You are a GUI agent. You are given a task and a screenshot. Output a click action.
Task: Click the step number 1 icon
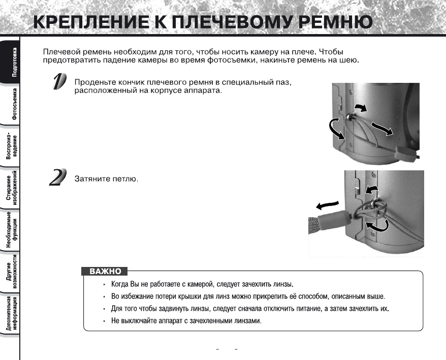pyautogui.click(x=59, y=82)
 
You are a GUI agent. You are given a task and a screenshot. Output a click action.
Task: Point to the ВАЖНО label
pyautogui.click(x=105, y=272)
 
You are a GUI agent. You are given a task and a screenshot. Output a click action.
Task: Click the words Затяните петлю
pyautogui.click(x=106, y=179)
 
